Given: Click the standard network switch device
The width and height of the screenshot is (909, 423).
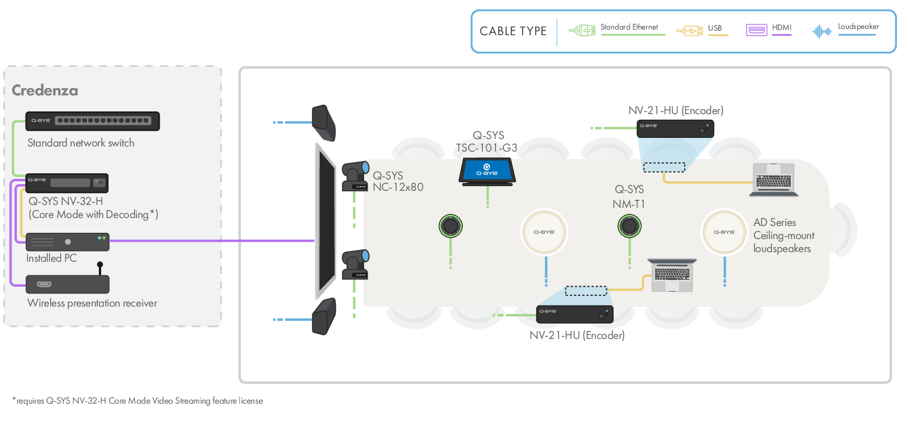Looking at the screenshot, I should click(93, 121).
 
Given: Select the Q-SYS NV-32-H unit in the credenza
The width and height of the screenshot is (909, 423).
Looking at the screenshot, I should click(67, 183).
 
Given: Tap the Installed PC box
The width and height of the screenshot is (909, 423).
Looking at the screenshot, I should click(67, 242).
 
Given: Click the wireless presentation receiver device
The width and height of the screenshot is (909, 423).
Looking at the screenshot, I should click(67, 284).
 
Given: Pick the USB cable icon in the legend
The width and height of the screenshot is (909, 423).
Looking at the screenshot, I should click(690, 31).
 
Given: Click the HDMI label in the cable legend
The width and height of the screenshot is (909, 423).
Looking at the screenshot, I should click(781, 27).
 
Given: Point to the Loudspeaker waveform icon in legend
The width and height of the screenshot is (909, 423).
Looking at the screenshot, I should click(822, 31).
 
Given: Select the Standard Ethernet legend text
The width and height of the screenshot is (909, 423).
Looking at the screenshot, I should click(629, 27).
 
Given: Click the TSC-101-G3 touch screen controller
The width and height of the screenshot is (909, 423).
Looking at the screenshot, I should click(487, 171).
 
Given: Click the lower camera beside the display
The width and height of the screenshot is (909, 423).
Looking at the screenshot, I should click(355, 265).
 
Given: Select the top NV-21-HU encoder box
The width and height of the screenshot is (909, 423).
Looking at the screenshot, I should click(675, 129).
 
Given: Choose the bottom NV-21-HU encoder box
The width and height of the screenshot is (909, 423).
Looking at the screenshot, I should click(575, 315).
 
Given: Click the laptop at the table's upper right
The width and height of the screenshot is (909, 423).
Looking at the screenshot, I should click(773, 180).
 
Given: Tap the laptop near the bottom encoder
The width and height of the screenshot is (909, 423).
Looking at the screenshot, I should click(672, 275).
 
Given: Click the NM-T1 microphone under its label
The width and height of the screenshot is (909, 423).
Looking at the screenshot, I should click(629, 226).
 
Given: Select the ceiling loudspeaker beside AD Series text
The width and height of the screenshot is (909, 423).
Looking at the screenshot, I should click(724, 232).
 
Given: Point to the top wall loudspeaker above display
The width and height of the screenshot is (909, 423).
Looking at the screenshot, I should click(324, 123).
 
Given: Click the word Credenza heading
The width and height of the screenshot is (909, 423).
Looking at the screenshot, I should click(45, 90).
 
